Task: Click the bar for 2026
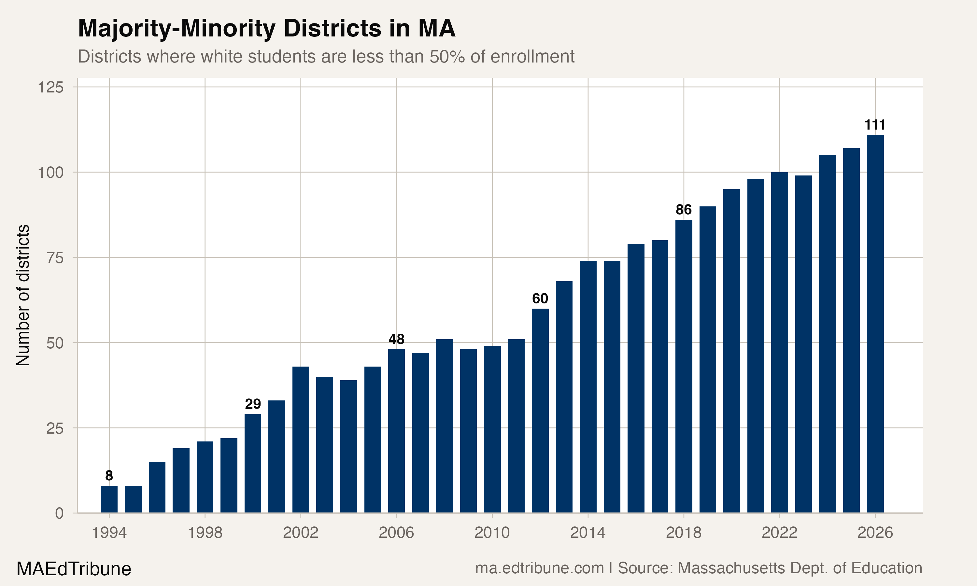point(875,324)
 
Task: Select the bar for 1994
point(109,499)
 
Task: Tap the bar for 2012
point(540,411)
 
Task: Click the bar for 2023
point(803,344)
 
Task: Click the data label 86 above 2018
point(684,210)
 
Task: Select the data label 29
point(253,404)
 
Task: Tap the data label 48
point(396,339)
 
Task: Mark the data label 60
point(540,299)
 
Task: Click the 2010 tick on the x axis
point(492,533)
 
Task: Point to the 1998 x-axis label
point(205,533)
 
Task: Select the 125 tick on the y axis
point(50,87)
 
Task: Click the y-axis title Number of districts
point(23,295)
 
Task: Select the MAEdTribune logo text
point(74,569)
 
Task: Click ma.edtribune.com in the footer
point(539,568)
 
